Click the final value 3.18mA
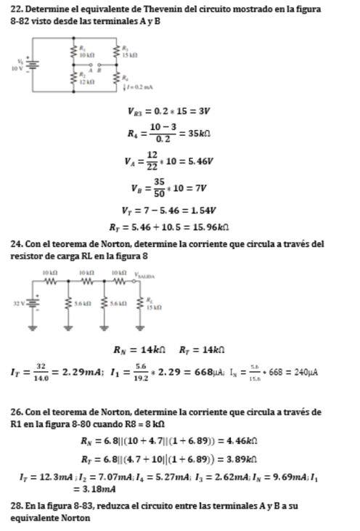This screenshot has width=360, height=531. coord(94,488)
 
